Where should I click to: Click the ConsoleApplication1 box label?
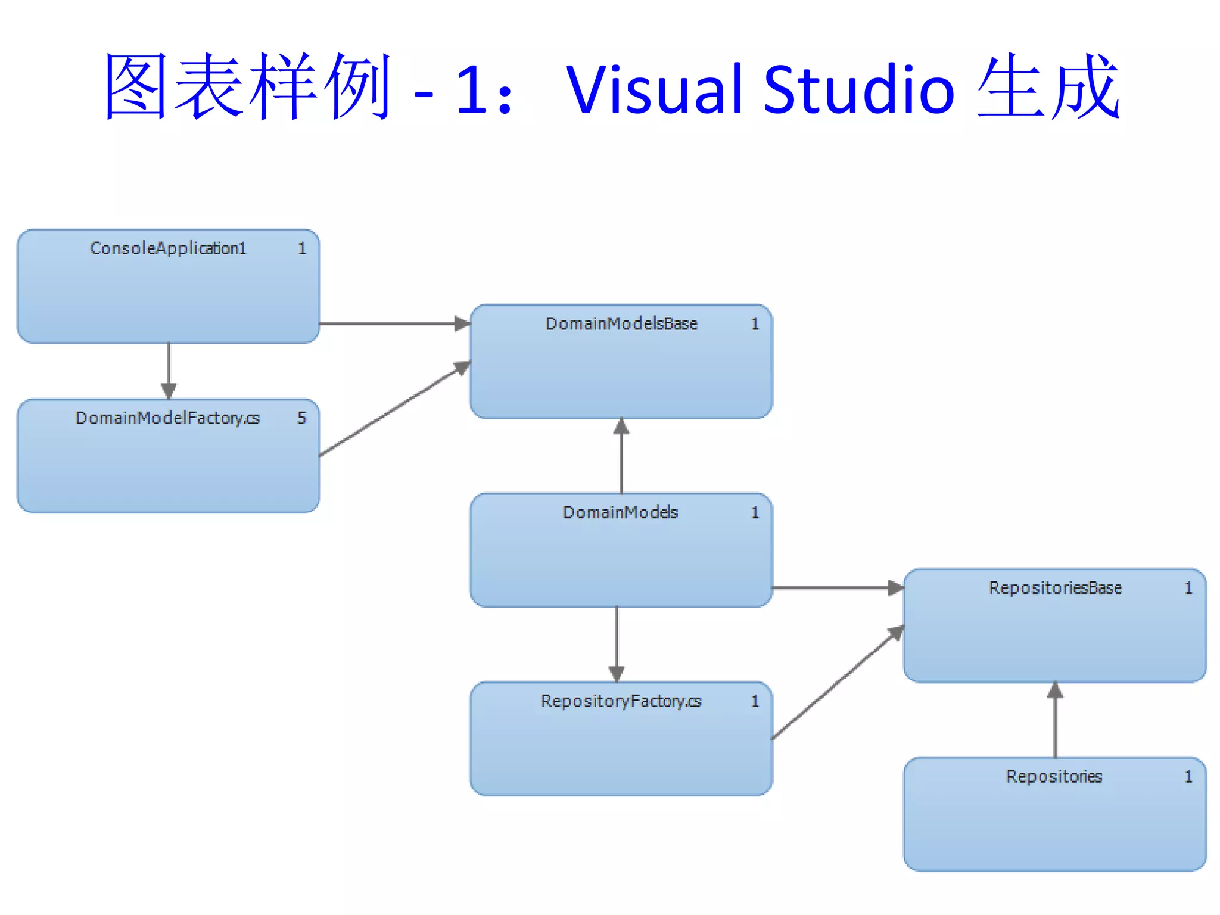tap(168, 248)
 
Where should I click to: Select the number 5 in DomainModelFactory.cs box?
tap(301, 418)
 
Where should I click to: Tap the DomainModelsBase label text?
tap(621, 323)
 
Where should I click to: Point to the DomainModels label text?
tap(620, 512)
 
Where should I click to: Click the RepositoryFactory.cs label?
tap(621, 701)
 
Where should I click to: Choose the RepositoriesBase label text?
tap(1055, 588)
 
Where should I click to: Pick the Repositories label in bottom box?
tap(1054, 777)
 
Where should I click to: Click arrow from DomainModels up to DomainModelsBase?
tap(621, 456)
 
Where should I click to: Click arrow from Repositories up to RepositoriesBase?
tap(1055, 720)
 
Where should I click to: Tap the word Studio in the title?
tap(858, 89)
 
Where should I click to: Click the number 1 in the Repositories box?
tap(1188, 777)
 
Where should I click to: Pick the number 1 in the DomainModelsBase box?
tap(755, 324)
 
